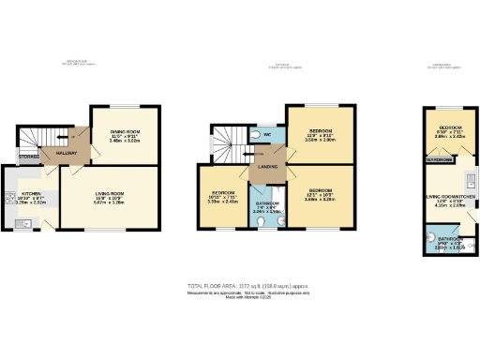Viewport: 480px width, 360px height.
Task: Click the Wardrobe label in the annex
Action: pyautogui.click(x=440, y=161)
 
